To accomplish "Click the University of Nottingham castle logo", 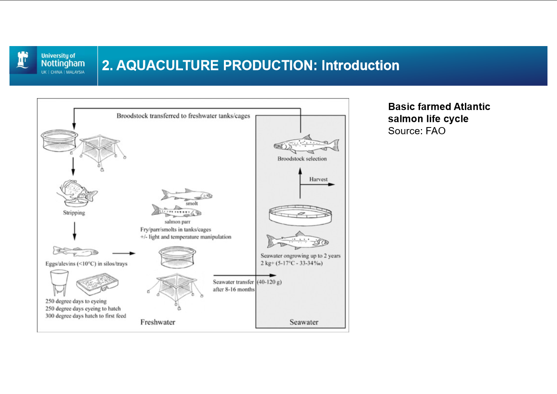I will pos(23,60).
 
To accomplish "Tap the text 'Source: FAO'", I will pos(416,131).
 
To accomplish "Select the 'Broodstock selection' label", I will pos(302,159).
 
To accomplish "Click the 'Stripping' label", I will pos(74,212).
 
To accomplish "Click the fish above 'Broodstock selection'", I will pos(306,144).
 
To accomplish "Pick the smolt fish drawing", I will pos(187,195).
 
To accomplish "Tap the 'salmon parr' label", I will pos(177,222).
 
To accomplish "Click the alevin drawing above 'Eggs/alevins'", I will pos(75,251).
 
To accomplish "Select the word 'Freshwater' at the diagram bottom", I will pos(158,322).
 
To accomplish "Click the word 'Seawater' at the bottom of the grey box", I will pos(304,322).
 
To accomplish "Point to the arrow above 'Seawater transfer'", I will pos(244,275).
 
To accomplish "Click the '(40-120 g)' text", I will pos(269,282).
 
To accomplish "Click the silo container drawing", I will pos(58,282).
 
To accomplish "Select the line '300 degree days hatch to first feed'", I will pos(85,316).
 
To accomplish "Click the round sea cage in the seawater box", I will pos(300,215).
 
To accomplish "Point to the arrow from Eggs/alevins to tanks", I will pos(123,253).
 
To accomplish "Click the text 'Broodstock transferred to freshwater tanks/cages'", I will pos(183,116).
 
